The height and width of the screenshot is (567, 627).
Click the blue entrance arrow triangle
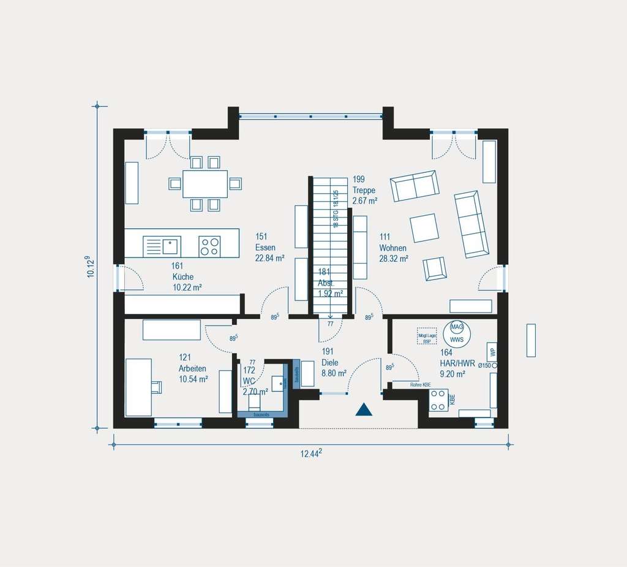click(x=364, y=409)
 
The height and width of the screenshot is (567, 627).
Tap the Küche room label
click(x=182, y=276)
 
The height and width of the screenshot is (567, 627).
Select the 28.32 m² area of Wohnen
click(x=394, y=259)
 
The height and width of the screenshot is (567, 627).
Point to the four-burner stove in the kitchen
click(x=209, y=246)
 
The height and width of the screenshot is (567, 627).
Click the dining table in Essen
click(x=205, y=184)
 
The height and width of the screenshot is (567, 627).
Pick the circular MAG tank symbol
click(x=456, y=328)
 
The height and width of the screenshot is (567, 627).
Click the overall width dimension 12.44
click(x=311, y=454)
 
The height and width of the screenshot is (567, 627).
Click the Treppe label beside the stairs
click(x=364, y=190)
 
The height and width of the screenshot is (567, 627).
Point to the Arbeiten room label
click(x=192, y=368)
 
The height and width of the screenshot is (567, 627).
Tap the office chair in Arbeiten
click(x=156, y=387)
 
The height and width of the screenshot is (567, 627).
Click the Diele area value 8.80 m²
click(x=334, y=373)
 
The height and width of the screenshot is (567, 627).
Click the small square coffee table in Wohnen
click(x=424, y=227)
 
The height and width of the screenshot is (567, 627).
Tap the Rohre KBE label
click(x=420, y=384)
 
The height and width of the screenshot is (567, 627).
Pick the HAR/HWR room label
click(x=457, y=362)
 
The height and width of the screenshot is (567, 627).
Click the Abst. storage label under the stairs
click(x=326, y=283)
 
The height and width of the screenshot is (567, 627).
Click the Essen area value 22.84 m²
click(x=269, y=259)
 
